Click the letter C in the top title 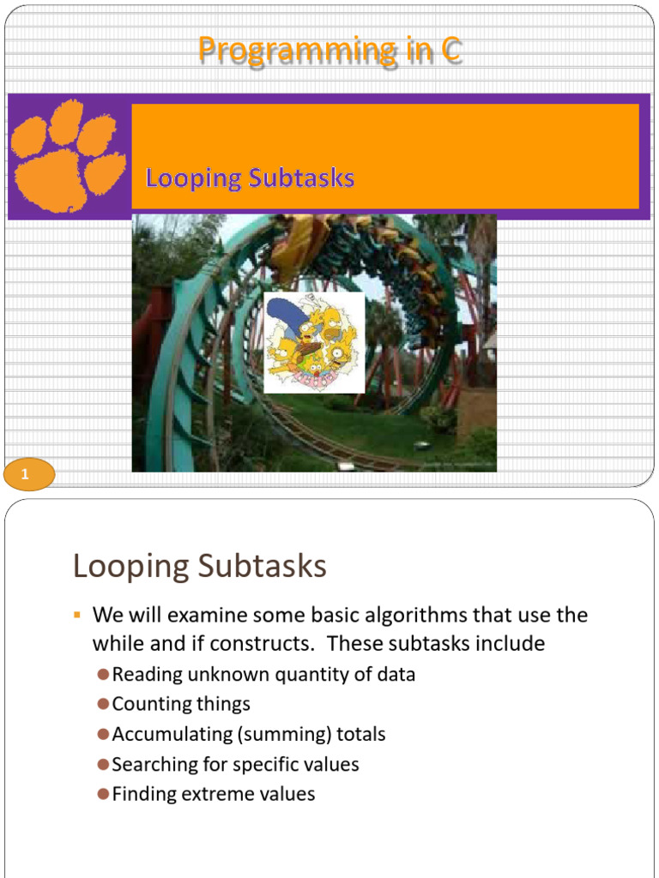point(450,50)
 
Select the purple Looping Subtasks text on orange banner point(250,178)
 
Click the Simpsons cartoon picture point(313,342)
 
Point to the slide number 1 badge point(28,474)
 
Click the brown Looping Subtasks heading point(200,567)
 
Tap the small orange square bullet point(76,616)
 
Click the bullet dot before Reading point(103,675)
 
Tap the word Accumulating point(166,734)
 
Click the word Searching point(151,764)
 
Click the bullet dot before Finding point(103,794)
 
